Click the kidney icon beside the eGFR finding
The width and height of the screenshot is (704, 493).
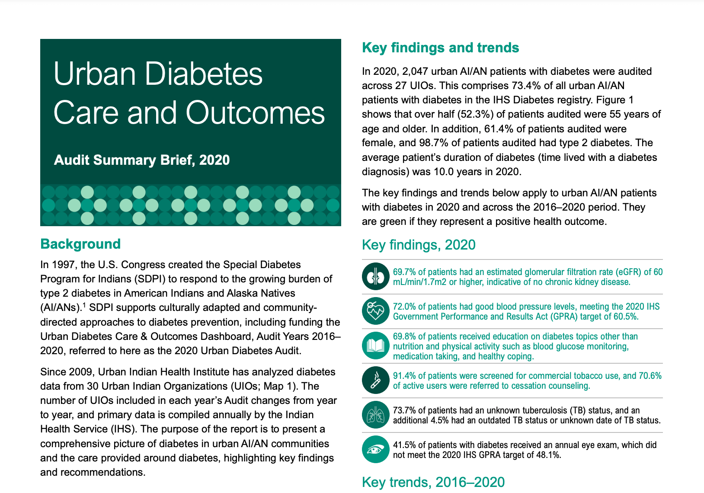[376, 276]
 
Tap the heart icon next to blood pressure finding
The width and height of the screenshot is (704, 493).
[376, 311]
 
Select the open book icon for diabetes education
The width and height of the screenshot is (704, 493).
[376, 346]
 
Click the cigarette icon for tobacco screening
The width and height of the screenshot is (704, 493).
[376, 380]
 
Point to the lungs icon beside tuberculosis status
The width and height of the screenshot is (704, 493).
[376, 415]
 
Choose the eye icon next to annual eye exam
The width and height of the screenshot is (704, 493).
[376, 449]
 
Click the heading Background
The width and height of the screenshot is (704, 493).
[80, 244]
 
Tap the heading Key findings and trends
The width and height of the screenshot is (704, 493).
[440, 48]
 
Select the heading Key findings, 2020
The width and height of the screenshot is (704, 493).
[419, 245]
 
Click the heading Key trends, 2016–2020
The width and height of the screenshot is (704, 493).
[433, 482]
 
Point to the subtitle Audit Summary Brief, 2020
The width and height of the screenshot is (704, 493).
[142, 160]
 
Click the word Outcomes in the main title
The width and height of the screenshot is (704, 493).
[255, 113]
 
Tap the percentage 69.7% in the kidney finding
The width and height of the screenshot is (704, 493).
[403, 272]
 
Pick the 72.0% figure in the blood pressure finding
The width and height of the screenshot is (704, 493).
[403, 306]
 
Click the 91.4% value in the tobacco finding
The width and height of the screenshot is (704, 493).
[403, 375]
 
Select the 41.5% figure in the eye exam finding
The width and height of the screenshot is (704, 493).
[403, 445]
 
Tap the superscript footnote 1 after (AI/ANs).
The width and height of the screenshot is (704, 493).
[84, 304]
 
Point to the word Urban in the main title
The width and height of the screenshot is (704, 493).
[94, 74]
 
